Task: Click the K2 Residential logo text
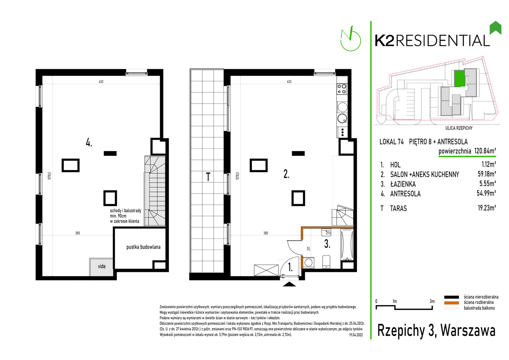(432, 41)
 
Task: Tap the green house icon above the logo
(495, 28)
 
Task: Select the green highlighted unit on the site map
(459, 79)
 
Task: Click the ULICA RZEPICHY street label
(459, 128)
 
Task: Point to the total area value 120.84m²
(485, 151)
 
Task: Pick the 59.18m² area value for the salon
(487, 174)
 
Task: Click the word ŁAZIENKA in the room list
(403, 184)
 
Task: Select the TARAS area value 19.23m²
(487, 208)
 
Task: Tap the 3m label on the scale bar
(432, 301)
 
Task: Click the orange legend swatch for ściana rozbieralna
(451, 303)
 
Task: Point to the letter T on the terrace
(208, 177)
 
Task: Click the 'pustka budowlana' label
(143, 247)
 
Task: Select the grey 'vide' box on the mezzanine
(101, 267)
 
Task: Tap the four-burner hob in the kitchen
(342, 89)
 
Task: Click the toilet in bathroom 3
(326, 262)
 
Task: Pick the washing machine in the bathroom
(308, 263)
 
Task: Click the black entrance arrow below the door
(289, 284)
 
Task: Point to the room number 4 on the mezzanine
(89, 143)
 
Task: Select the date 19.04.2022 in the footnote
(356, 335)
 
